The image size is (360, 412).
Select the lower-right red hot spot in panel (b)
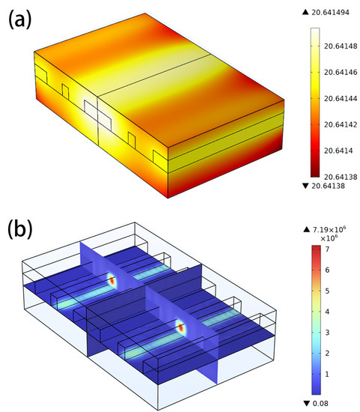[x=180, y=327]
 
